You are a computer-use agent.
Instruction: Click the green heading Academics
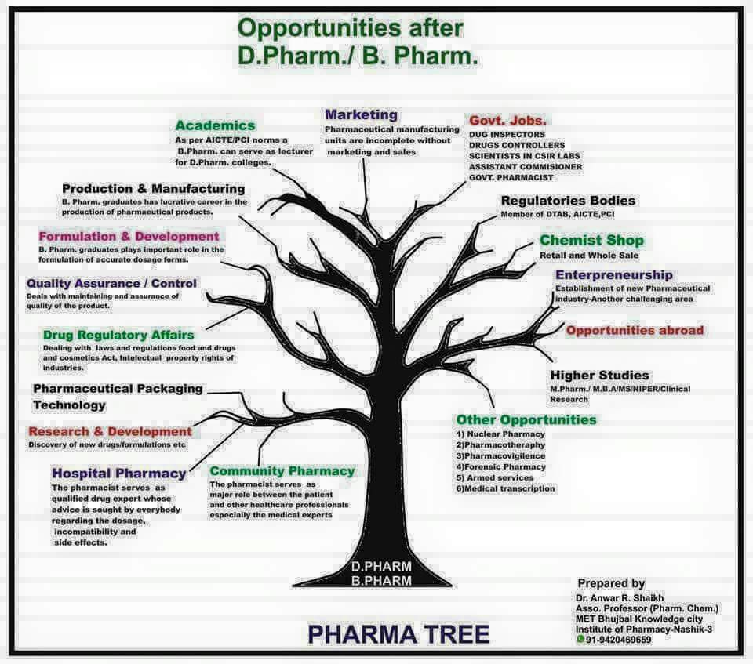215,125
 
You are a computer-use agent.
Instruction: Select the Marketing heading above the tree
361,115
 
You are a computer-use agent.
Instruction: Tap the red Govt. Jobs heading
507,121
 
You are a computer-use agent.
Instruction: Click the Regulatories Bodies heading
568,201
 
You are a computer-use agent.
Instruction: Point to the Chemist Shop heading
591,240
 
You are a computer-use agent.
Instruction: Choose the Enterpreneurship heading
613,275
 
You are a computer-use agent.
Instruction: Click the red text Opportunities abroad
635,330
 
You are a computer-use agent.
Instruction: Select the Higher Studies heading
599,376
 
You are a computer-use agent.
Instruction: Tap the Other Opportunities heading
526,420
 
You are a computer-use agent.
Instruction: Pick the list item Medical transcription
508,488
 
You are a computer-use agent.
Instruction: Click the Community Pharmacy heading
282,471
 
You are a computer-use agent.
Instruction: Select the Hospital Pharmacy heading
119,474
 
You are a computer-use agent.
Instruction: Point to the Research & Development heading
110,431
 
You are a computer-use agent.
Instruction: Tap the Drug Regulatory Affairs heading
118,335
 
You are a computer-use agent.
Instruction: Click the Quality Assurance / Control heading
111,283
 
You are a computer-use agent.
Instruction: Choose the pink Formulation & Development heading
129,236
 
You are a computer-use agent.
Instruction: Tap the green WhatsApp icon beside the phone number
580,639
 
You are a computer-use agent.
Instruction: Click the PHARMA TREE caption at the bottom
398,633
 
